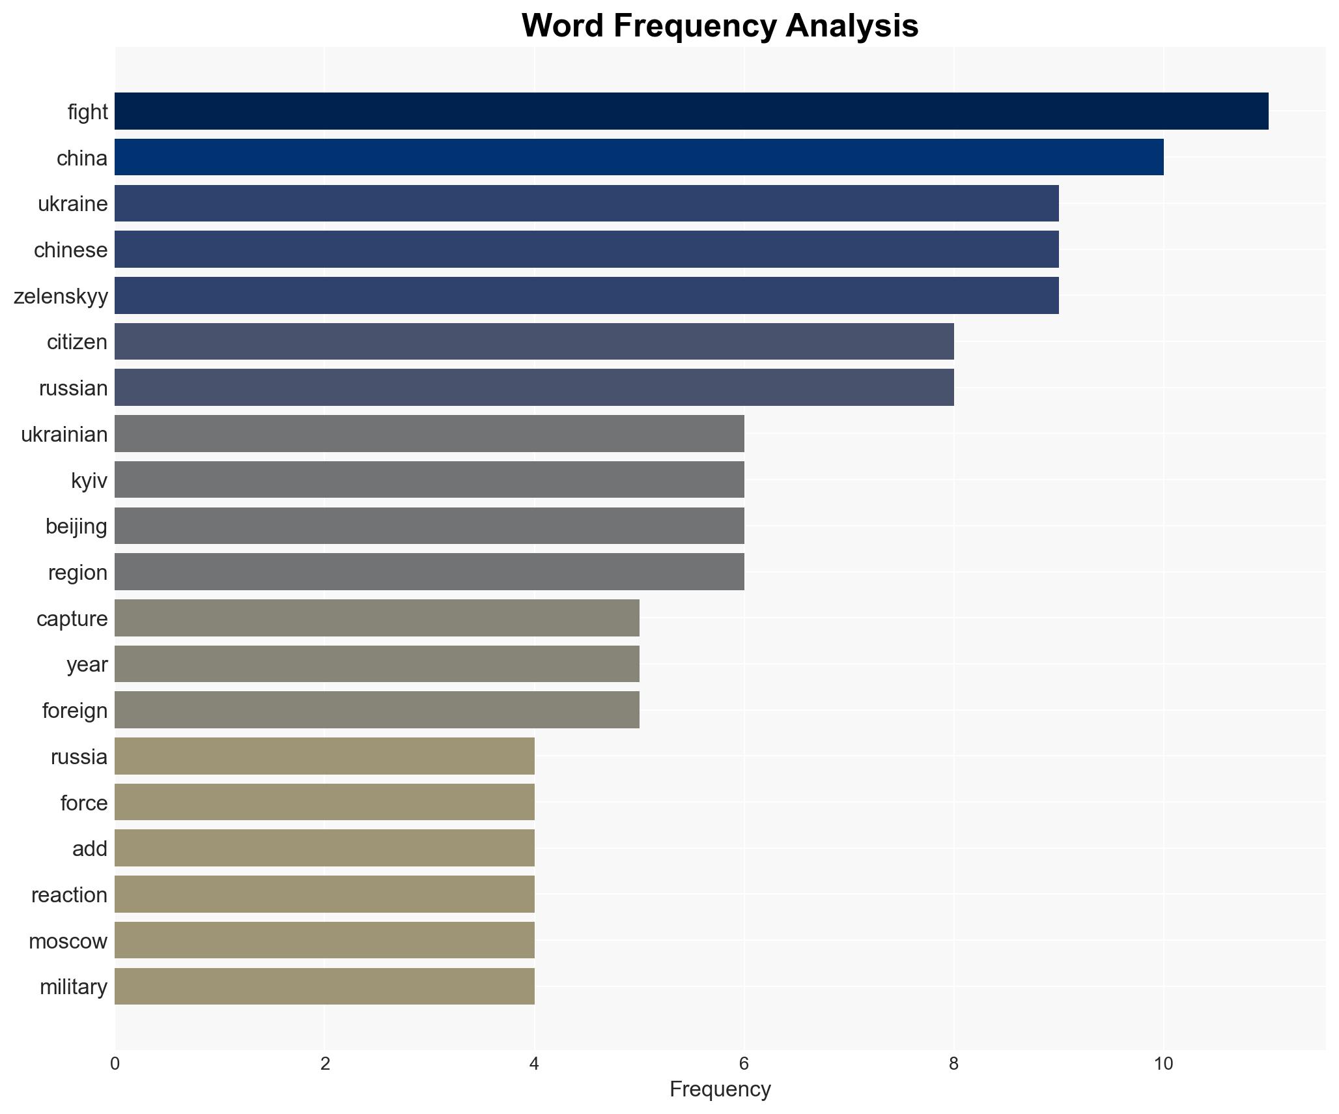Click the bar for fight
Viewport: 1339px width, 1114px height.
click(691, 111)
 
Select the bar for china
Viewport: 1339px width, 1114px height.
click(639, 158)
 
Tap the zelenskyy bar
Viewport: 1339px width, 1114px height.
click(586, 296)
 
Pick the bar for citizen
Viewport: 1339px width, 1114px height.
click(534, 341)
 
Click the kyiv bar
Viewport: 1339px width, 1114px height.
click(429, 480)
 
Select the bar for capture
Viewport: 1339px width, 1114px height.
click(376, 618)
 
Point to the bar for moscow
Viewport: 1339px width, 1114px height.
click(324, 941)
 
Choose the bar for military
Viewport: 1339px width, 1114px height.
click(324, 986)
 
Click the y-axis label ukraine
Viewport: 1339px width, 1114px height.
click(73, 204)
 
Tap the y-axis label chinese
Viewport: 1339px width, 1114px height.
click(71, 250)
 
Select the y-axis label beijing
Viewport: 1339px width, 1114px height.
click(76, 526)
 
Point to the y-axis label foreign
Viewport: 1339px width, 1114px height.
click(75, 711)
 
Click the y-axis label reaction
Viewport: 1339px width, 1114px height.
click(70, 895)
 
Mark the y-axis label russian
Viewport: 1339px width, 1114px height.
click(74, 388)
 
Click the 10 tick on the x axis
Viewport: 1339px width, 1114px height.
click(1163, 1064)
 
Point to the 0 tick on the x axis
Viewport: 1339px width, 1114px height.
click(115, 1064)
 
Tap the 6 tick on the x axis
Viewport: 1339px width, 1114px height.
click(744, 1064)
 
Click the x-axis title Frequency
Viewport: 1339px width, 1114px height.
click(720, 1089)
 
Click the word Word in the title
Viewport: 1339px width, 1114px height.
click(562, 26)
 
